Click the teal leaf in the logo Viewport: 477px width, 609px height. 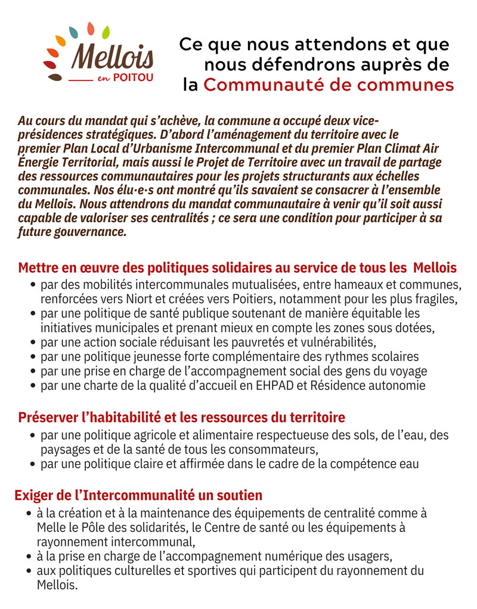(73, 31)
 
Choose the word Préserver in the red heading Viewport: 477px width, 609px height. (46, 417)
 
